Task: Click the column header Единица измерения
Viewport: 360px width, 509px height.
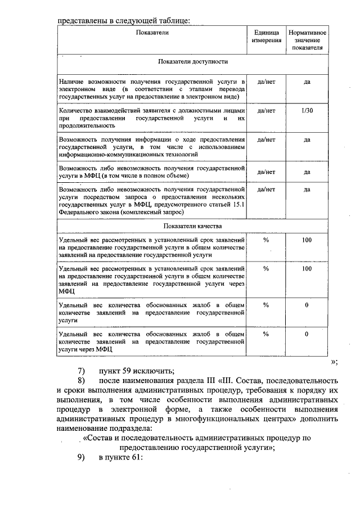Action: coord(267,37)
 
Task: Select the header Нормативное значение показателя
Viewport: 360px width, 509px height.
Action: coord(307,40)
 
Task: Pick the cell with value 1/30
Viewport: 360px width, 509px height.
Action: coord(307,111)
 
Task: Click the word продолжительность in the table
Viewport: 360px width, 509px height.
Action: coord(85,126)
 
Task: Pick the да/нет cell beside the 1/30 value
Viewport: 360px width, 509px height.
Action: coord(267,111)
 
